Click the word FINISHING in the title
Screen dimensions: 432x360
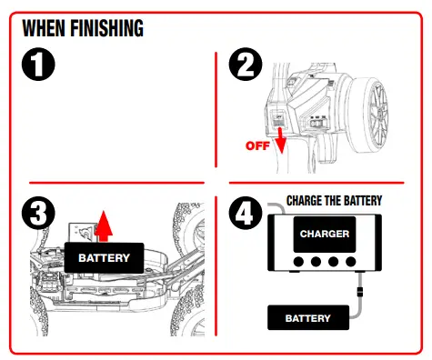106,28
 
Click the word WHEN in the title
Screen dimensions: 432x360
44,28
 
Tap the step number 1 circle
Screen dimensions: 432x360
38,64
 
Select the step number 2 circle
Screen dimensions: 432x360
246,64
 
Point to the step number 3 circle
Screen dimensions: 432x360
38,213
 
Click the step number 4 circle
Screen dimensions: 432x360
246,213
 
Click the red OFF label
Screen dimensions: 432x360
257,145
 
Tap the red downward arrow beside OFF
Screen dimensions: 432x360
281,140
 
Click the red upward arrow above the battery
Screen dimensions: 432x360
104,226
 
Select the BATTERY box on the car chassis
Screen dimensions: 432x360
104,258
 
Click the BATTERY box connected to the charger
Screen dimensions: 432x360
308,318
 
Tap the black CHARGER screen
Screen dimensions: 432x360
325,234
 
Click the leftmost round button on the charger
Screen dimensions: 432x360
298,262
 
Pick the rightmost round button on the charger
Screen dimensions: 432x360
351,262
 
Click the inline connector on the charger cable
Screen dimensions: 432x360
360,291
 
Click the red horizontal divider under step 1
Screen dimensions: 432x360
116,183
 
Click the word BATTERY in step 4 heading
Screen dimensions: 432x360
363,201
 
